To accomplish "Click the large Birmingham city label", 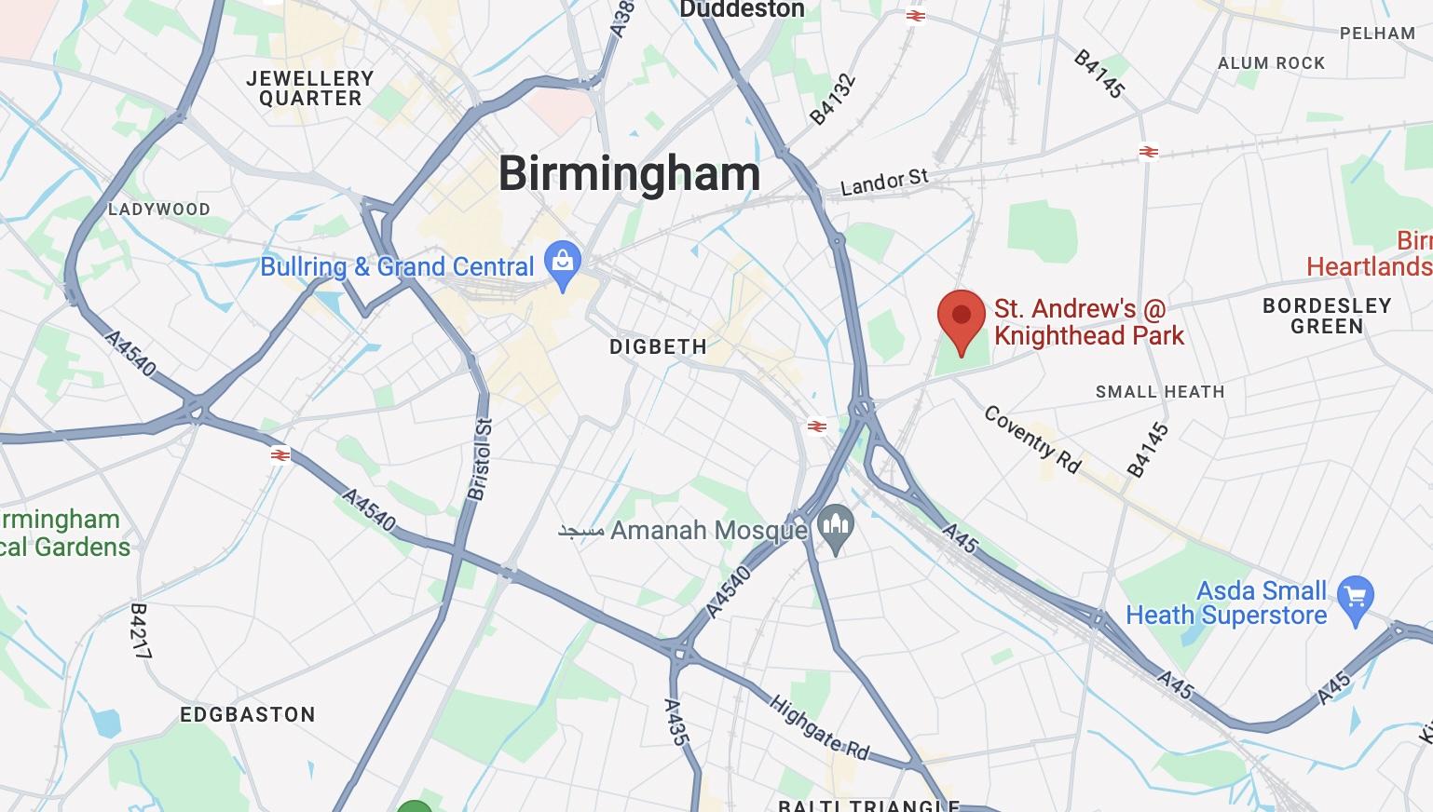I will coord(629,174).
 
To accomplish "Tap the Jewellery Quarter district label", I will coord(310,88).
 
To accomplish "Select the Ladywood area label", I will coord(158,209).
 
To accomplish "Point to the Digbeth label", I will coord(658,346).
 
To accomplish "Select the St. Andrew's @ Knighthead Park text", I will coord(1088,322).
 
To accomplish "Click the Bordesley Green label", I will coord(1326,316).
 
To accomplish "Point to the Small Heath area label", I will coord(1159,392).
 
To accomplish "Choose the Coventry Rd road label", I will coord(1032,440).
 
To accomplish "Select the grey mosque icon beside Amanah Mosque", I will coord(835,529).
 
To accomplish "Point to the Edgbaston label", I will coord(248,714).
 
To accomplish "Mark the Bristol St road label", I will coord(481,460).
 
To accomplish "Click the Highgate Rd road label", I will coord(819,727).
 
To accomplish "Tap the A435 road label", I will coord(676,722).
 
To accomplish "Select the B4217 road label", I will coord(140,631).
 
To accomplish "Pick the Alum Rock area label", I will coord(1271,63).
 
